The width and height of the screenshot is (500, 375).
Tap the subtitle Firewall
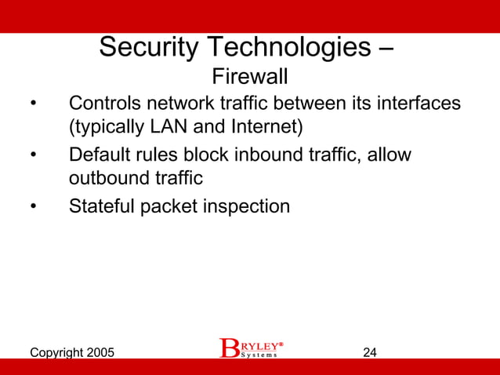(250, 77)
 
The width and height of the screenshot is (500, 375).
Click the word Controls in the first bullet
(104, 104)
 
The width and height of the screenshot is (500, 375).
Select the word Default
(100, 155)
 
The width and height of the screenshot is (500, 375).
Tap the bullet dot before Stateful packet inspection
(33, 207)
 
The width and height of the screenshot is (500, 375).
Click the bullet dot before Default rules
(33, 155)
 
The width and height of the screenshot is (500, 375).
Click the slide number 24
(370, 352)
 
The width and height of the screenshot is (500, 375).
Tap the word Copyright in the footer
(54, 352)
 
